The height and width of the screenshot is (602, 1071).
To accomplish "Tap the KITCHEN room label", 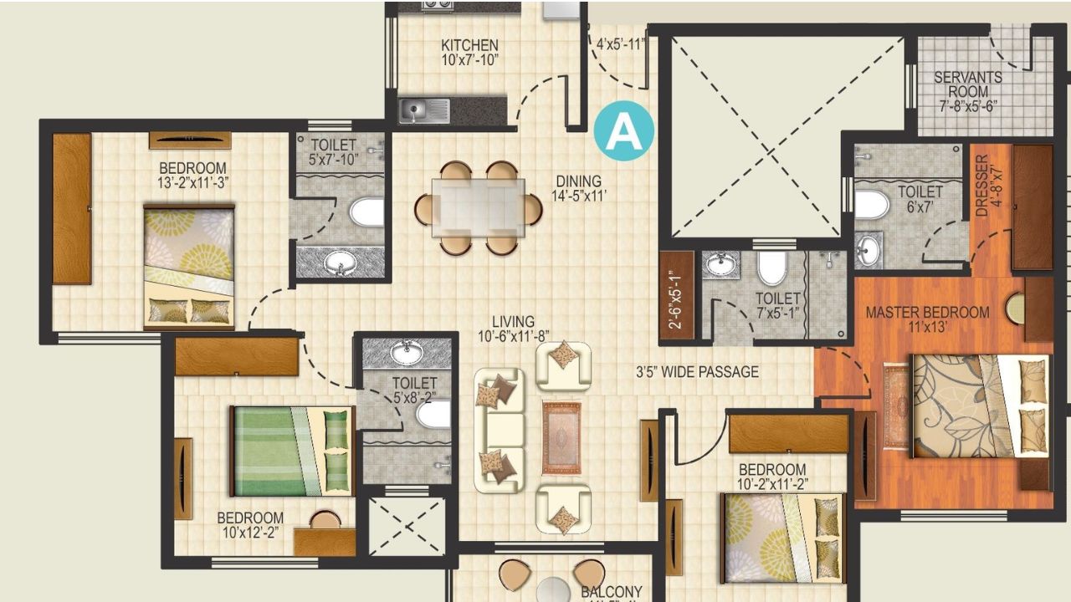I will coord(469,45).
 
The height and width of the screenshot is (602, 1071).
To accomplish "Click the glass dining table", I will coord(479,203).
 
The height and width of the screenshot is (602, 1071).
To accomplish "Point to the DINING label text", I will coord(578,181).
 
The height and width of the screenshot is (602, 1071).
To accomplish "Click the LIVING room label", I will coord(513,321).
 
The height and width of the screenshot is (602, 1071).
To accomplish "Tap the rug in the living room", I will coord(561,437).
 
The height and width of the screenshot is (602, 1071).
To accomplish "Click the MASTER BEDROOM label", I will coord(927,313).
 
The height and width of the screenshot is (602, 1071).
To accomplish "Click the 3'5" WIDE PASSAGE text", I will coord(697,372).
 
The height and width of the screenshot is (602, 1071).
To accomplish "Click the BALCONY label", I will coord(612,592).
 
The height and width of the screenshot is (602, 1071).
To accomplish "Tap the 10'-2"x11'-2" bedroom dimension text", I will coord(772,484).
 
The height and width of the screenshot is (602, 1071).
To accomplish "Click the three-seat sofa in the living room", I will coord(500,430).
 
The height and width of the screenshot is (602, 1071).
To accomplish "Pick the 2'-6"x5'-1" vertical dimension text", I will coord(677,296).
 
